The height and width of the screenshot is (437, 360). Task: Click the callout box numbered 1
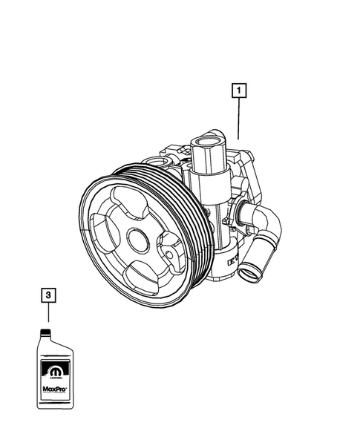pos(239,92)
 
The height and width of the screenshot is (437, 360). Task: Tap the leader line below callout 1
pos(239,119)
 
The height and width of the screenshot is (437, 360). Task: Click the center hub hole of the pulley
pos(137,239)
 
